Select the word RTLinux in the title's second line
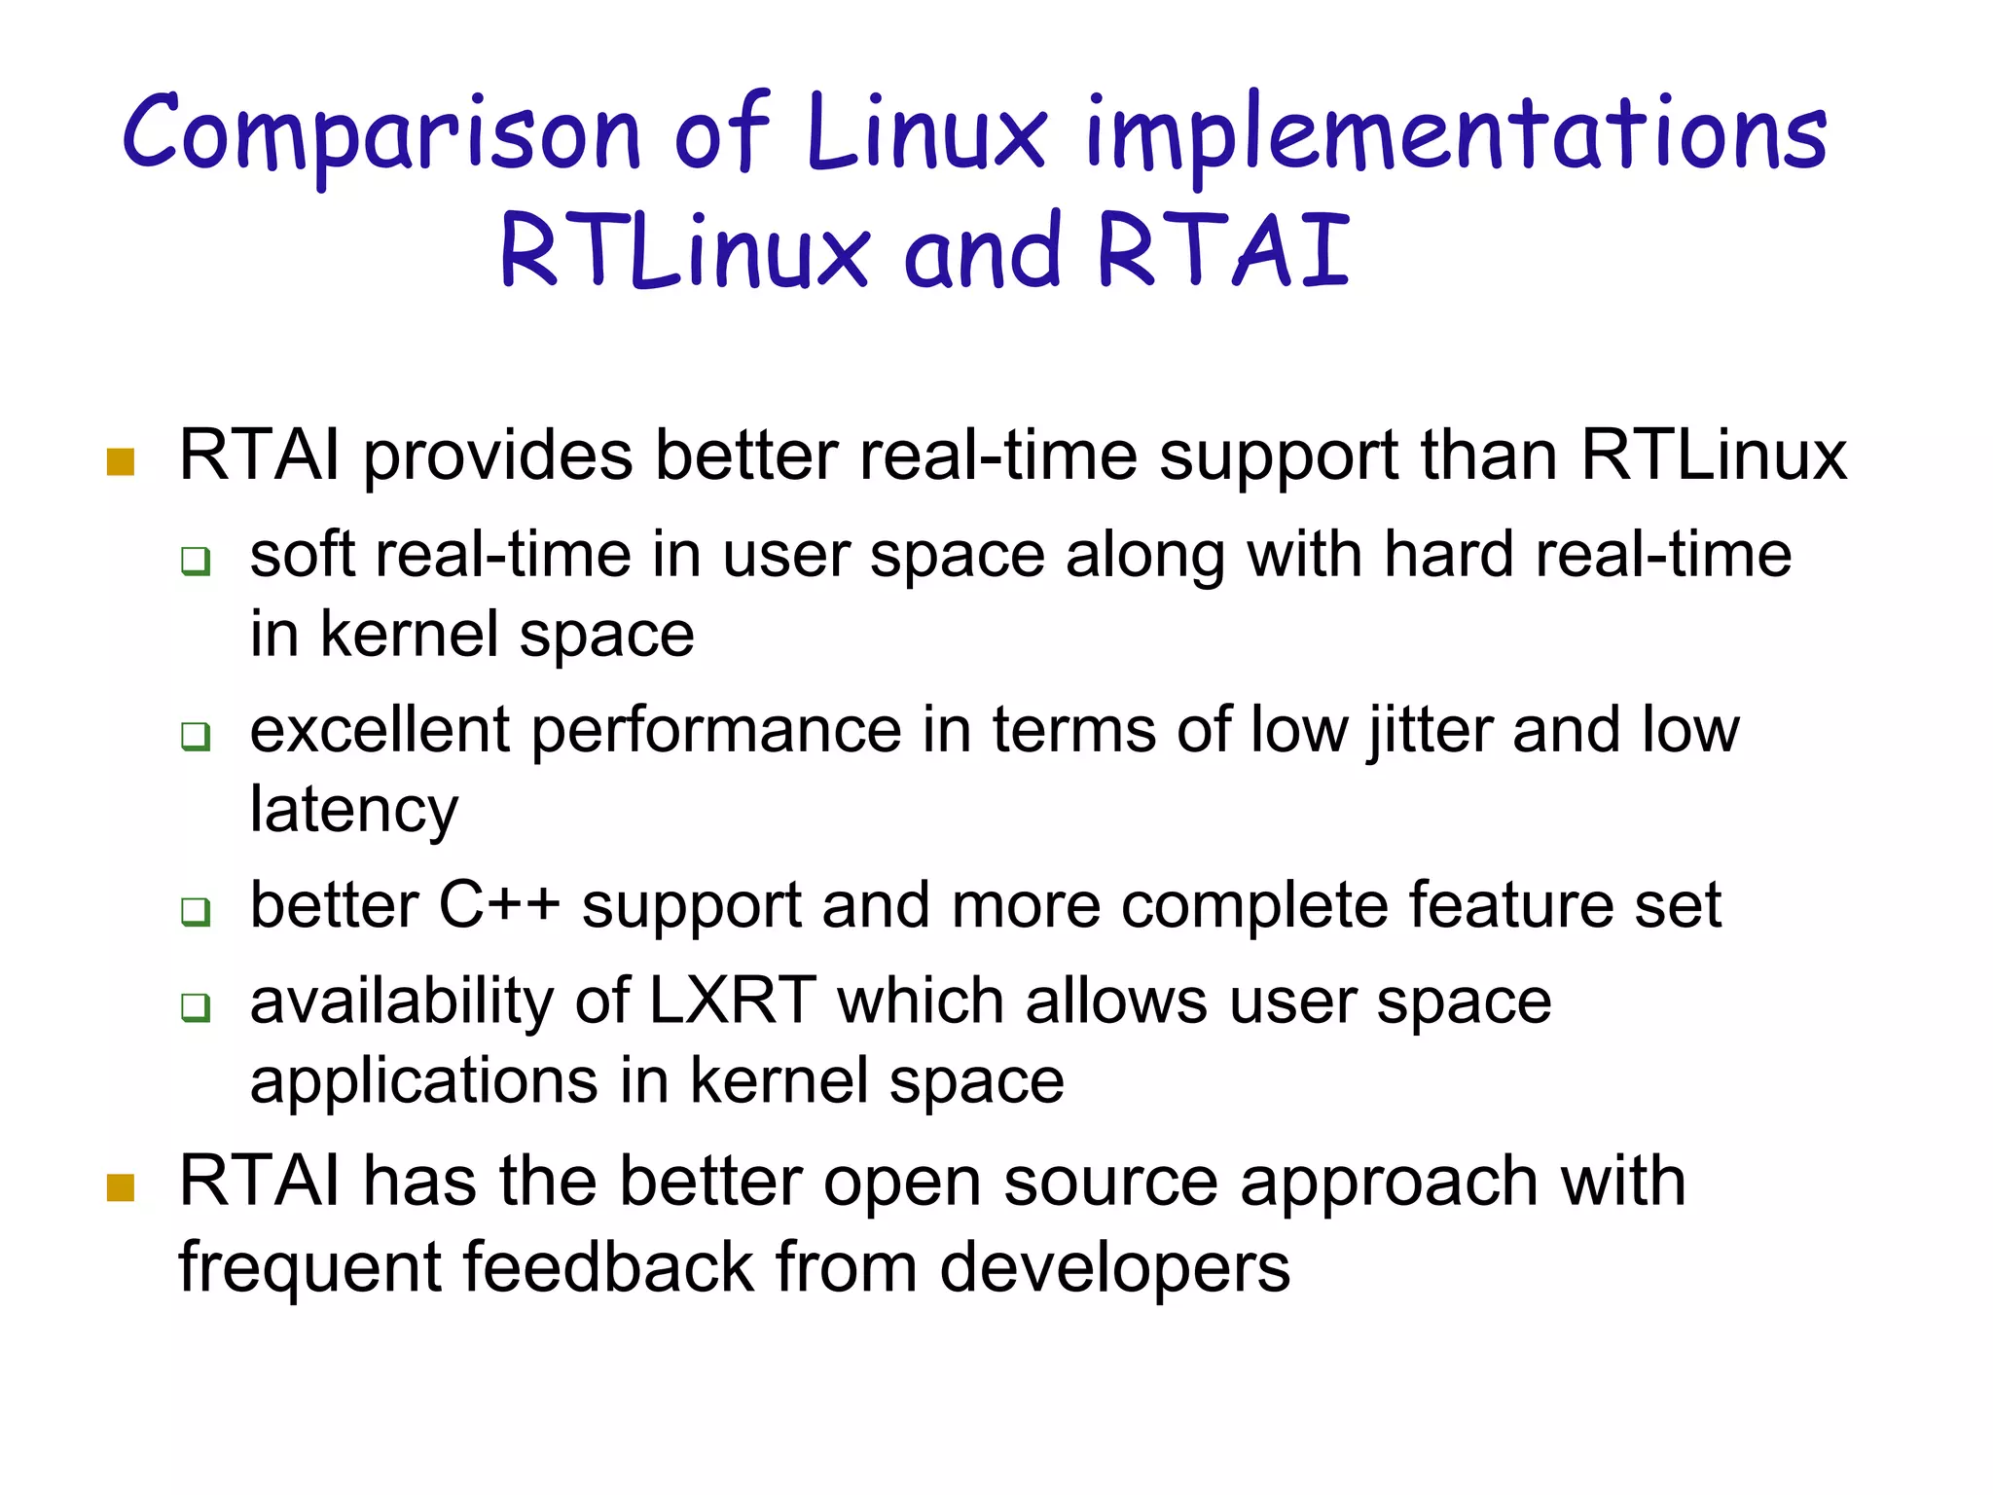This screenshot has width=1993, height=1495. click(683, 251)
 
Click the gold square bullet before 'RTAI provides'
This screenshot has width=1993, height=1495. click(121, 462)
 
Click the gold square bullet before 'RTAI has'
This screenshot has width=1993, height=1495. click(121, 1187)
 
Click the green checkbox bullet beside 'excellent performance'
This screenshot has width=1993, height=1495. click(196, 736)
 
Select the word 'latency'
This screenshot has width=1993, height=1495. click(354, 810)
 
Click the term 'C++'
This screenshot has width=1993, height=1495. click(499, 905)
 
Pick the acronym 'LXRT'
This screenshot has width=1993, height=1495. click(732, 1001)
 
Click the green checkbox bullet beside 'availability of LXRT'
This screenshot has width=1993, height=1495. click(196, 1007)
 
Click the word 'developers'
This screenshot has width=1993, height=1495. click(1115, 1267)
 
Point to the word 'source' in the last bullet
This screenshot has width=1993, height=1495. click(1110, 1182)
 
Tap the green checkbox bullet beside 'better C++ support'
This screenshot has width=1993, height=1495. click(196, 912)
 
